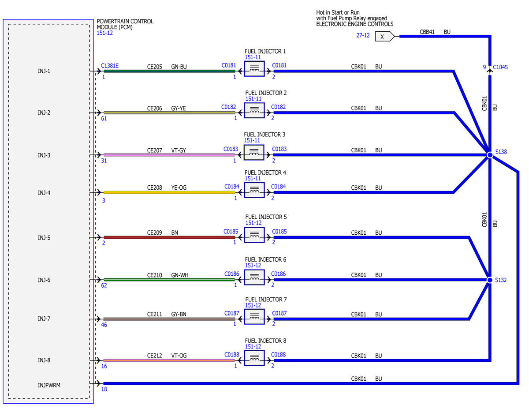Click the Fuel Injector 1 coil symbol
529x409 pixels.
[254, 69]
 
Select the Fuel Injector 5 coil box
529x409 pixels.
[254, 235]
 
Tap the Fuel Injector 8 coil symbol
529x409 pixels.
[254, 358]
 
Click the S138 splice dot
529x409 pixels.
[490, 155]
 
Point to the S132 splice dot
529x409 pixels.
[490, 280]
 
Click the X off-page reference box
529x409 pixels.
[384, 37]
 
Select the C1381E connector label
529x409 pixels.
[110, 66]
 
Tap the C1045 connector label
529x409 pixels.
[500, 67]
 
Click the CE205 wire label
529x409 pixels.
[155, 67]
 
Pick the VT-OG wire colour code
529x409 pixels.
[179, 356]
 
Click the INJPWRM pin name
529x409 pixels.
[49, 385]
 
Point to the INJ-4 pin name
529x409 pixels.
[44, 193]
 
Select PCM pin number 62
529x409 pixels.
[104, 285]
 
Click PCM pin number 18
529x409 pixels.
[104, 389]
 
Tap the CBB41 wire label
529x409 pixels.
[427, 32]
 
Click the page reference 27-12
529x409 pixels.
[363, 35]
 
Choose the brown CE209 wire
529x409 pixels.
[169, 237]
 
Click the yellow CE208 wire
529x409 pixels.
[169, 192]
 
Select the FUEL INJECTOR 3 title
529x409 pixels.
[264, 135]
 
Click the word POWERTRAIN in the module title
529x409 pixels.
[110, 22]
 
